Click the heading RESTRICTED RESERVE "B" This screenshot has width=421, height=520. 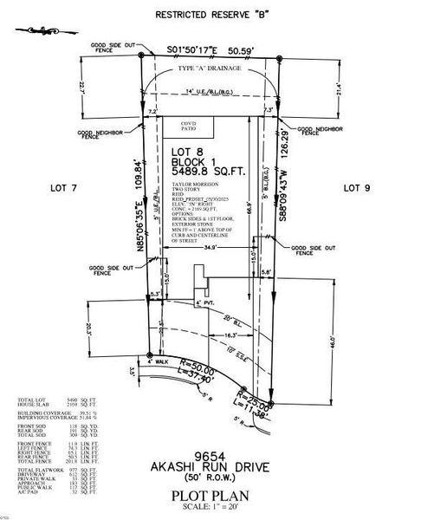[210, 15]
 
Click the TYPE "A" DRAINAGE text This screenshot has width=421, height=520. [210, 68]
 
